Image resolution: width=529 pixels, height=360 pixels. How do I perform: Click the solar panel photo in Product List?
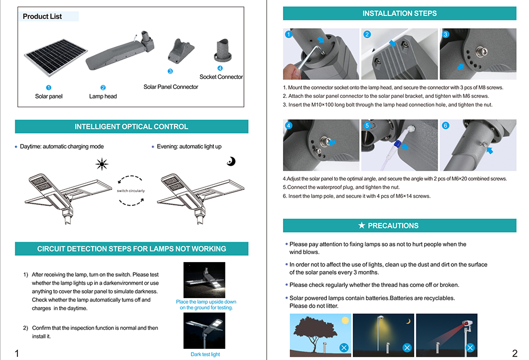56,57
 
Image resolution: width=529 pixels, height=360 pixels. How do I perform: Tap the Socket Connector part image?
222,50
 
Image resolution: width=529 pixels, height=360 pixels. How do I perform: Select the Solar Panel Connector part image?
180,51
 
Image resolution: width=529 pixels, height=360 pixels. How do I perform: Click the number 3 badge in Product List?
170,71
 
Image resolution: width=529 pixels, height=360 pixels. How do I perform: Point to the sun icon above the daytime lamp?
102,164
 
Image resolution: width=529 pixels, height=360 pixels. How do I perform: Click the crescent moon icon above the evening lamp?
231,161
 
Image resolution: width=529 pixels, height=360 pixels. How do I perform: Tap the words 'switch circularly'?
131,191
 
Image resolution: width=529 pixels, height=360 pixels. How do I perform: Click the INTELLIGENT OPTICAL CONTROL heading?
131,127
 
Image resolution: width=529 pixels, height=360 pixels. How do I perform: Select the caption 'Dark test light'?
205,354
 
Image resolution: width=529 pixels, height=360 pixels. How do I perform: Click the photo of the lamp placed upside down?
204,280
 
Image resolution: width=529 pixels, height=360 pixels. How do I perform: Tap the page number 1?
17,353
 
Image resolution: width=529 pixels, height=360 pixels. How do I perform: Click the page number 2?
515,353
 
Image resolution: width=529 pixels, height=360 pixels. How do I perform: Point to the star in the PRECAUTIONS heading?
362,225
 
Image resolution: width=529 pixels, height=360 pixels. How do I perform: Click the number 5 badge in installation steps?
367,125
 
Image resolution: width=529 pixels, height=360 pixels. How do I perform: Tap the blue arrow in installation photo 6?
489,150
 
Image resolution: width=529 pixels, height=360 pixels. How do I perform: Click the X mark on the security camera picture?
470,347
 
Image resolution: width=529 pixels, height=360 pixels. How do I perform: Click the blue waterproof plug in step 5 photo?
398,143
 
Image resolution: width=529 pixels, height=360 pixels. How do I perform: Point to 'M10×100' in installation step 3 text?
322,105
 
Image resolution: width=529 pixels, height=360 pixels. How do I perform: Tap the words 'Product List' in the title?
42,16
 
